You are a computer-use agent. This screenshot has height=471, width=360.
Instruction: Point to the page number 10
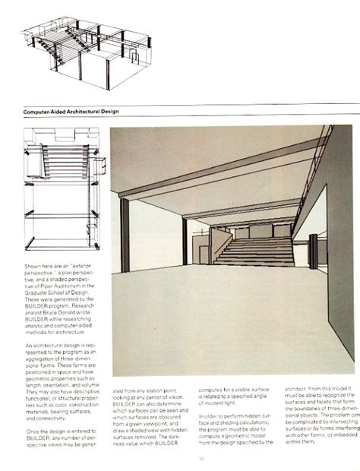(201, 457)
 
